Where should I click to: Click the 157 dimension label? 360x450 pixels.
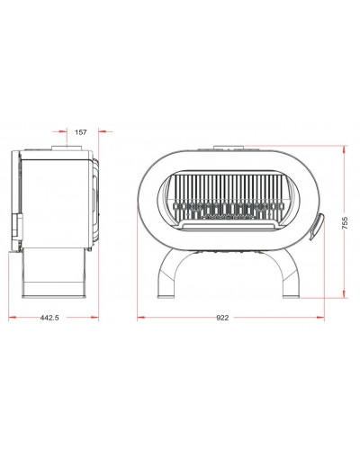81,132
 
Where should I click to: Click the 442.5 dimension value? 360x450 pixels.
49,318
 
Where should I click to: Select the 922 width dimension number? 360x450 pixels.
222,318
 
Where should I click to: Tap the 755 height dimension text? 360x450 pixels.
345,223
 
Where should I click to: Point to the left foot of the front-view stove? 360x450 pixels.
166,296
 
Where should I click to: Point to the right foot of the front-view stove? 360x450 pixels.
292,296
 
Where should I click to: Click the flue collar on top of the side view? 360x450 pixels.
67,148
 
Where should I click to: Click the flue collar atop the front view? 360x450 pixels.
229,148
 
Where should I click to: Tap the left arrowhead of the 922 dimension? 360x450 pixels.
141,317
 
